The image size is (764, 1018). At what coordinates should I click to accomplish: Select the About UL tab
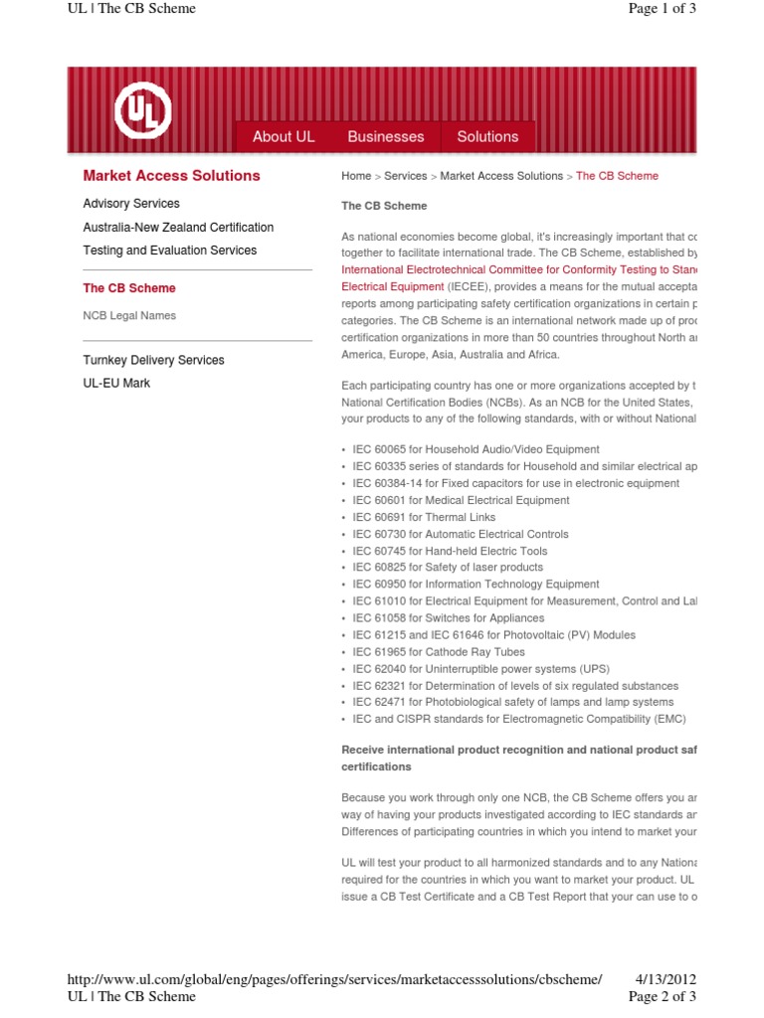284,136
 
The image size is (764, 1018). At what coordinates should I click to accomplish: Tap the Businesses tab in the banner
386,136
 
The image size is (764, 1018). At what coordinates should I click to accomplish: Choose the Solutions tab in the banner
487,136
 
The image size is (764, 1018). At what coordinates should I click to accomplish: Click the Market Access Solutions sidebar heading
171,176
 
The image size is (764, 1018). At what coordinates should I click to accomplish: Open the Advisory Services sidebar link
131,204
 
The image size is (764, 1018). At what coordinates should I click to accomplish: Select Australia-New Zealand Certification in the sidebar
178,228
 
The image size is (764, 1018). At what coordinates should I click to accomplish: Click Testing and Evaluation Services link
169,251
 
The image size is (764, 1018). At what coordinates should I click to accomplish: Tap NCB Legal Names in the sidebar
129,316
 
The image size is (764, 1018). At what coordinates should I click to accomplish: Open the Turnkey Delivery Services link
153,360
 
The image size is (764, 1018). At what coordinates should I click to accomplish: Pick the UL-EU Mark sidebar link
116,383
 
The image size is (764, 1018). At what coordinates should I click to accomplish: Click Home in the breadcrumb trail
356,176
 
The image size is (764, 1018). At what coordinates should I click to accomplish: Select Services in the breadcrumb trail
405,176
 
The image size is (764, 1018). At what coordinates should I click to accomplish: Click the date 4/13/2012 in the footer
666,979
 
